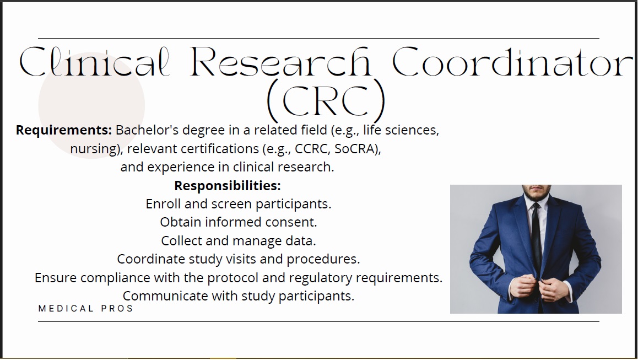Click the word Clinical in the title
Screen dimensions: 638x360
94,62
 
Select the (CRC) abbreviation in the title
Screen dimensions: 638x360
326,100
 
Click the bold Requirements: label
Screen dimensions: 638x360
63,130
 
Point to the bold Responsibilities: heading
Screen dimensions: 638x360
228,186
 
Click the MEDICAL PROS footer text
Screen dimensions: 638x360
85,309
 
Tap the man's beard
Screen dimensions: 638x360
536,194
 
